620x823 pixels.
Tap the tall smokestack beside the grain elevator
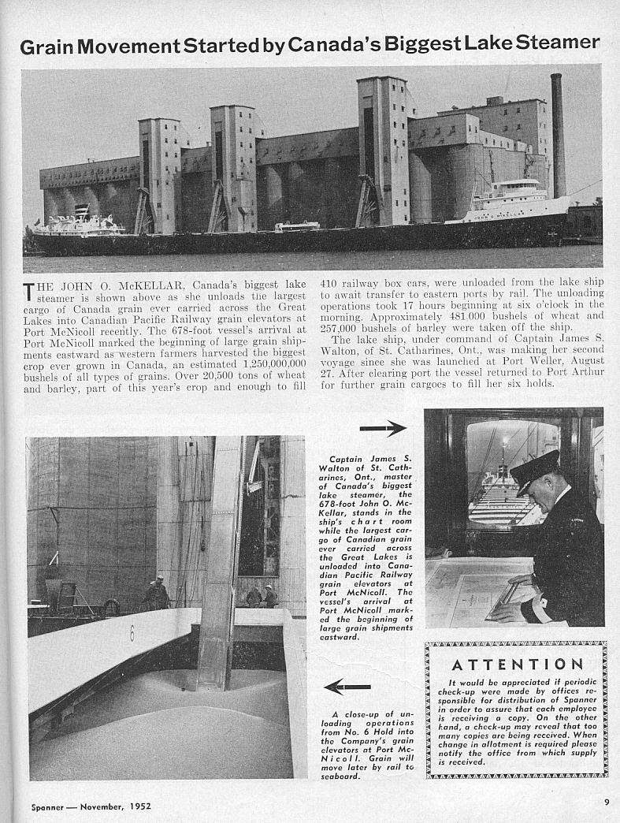[x=557, y=134]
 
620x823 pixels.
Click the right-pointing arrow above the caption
[x=383, y=428]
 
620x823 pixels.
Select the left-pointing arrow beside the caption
[x=347, y=687]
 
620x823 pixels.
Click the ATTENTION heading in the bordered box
[x=518, y=665]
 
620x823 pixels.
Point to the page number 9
[x=607, y=803]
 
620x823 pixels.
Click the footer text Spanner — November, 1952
[x=91, y=806]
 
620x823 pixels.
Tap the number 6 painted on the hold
[x=132, y=632]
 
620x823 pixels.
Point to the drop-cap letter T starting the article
[x=29, y=292]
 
